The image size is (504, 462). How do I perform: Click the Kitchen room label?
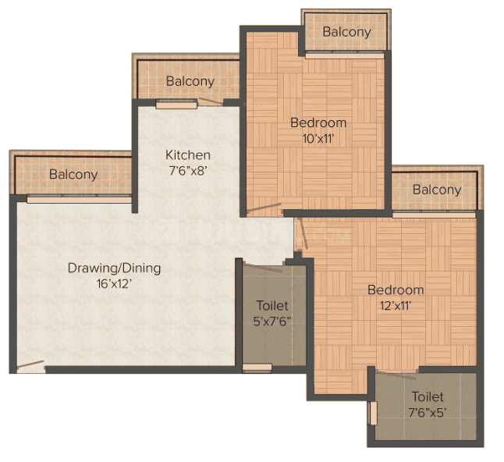click(x=188, y=155)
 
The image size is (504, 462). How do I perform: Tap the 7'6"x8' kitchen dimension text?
click(x=188, y=171)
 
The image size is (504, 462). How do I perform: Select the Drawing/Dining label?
click(x=114, y=268)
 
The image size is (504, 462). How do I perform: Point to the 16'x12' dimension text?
click(x=115, y=284)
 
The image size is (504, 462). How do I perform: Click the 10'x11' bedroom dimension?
click(x=318, y=139)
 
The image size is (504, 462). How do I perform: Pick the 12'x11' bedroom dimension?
click(x=396, y=306)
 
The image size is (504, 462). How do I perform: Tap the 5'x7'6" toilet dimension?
click(x=272, y=322)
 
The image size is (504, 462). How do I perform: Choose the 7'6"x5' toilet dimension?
click(x=428, y=413)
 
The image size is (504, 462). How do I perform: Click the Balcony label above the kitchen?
click(x=190, y=81)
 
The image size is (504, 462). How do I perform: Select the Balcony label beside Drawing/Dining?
click(x=73, y=175)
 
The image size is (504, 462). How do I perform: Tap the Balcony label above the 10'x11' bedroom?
click(x=347, y=32)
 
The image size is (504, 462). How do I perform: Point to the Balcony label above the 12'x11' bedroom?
click(x=437, y=190)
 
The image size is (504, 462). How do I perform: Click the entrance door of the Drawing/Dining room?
click(x=30, y=364)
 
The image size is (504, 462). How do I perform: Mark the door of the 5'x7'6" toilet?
click(x=263, y=267)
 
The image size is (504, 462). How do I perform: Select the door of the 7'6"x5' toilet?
click(x=396, y=375)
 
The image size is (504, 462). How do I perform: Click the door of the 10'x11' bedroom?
click(x=264, y=208)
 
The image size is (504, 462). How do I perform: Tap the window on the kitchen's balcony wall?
click(x=176, y=104)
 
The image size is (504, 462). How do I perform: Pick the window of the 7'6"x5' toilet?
click(x=373, y=414)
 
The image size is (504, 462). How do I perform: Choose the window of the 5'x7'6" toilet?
click(x=257, y=368)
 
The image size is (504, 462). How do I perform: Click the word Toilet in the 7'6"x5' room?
click(x=428, y=396)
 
